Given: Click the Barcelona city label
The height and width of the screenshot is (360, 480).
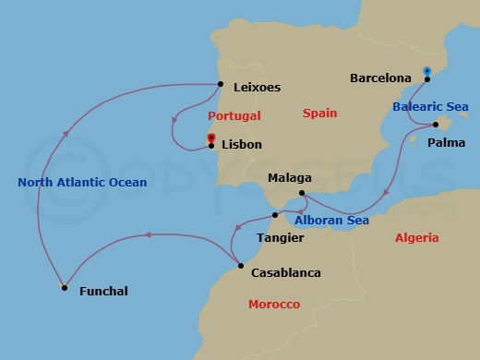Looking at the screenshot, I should pos(380,78).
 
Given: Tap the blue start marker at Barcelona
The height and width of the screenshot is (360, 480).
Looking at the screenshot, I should pos(426,71).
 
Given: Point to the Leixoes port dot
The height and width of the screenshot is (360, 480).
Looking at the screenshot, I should pos(221,86).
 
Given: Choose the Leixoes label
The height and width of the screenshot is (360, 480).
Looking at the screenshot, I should pos(258,88).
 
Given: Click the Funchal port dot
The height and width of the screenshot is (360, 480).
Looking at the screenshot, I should pos(64,288).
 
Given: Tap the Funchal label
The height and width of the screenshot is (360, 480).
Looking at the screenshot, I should pos(103,292).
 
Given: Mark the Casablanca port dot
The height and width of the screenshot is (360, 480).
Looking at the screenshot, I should pos(240,266).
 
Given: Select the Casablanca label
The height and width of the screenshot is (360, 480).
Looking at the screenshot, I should pos(285,273).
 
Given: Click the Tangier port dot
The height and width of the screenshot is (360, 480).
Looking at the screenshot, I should pos(273,215).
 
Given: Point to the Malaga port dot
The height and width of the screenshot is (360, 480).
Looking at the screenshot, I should pos(303,193).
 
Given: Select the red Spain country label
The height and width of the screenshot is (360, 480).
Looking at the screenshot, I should pos(320,114).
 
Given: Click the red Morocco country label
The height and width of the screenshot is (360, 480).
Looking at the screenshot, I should pos(274,305).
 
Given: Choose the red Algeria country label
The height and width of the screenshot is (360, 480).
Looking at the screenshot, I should pos(416,237).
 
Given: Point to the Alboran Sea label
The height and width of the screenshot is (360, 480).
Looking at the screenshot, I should pos(331,220).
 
